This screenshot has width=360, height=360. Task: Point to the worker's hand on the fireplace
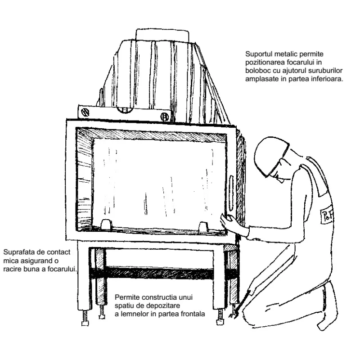[226, 220]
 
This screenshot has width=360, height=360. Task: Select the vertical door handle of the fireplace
[231, 193]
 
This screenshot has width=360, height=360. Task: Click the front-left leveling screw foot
[85, 318]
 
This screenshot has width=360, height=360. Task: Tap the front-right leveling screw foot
[220, 317]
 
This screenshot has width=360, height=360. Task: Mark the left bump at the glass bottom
[106, 224]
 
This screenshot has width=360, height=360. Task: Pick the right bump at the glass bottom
[203, 227]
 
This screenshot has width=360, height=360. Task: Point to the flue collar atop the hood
[162, 36]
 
